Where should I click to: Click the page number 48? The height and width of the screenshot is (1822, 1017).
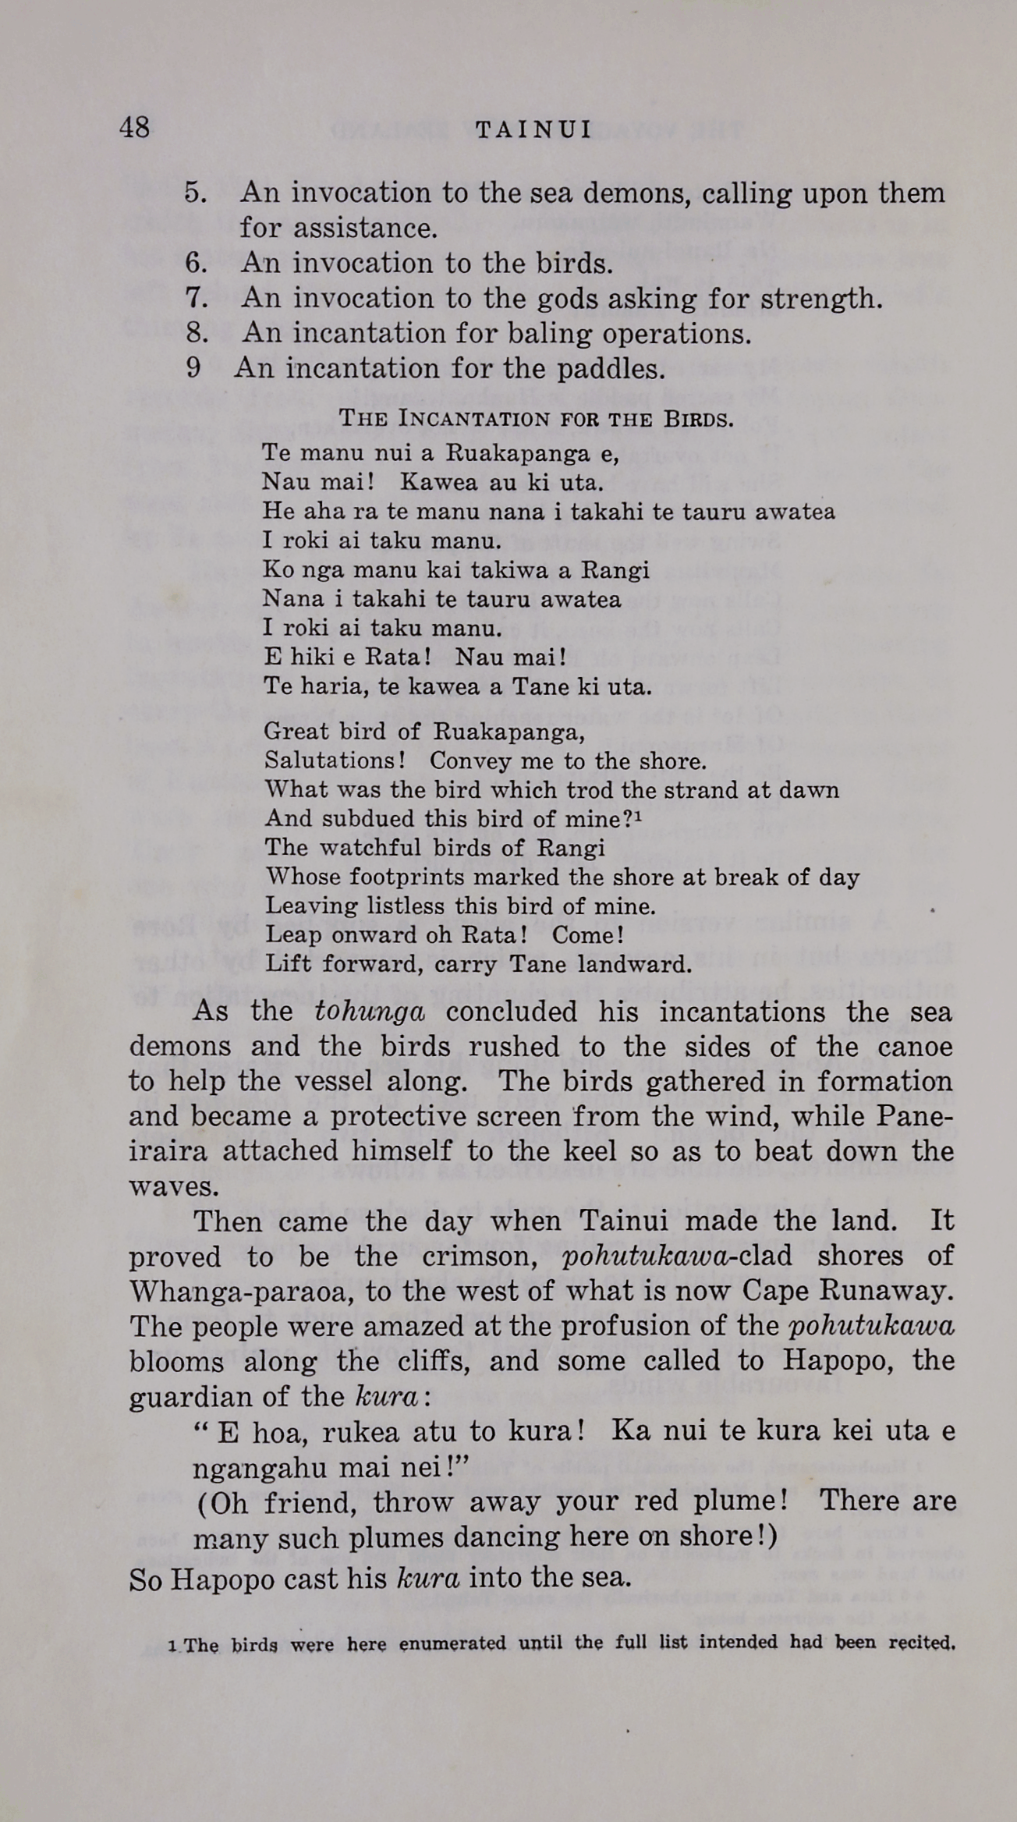click(x=134, y=127)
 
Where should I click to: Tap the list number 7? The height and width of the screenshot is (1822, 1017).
click(x=195, y=298)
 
